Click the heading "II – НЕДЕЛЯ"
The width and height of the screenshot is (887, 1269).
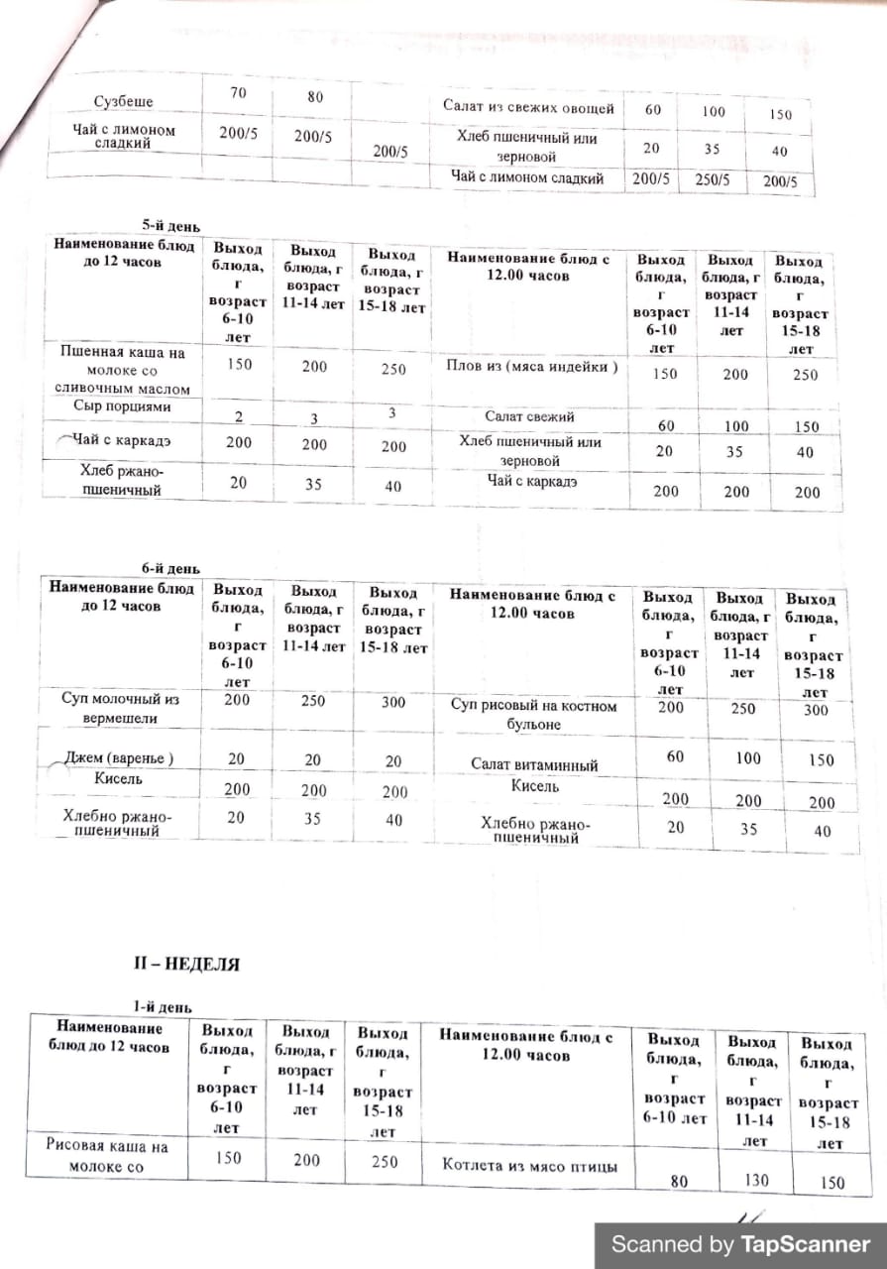[186, 963]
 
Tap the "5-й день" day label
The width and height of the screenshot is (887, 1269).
[170, 226]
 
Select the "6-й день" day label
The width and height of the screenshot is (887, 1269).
[170, 568]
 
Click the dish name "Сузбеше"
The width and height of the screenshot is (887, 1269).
[124, 102]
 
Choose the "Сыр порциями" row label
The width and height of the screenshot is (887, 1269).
[122, 406]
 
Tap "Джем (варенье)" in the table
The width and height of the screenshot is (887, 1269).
[119, 758]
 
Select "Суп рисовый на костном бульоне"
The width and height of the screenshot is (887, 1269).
[533, 715]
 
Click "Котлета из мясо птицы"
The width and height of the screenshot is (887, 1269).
[530, 1166]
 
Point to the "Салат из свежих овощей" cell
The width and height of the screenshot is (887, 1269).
[528, 108]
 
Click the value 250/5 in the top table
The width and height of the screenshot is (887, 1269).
[713, 180]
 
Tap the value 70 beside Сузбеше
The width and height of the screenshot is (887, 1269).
[237, 94]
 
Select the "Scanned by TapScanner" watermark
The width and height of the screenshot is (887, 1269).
[740, 1244]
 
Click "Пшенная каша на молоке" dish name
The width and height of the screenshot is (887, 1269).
[123, 370]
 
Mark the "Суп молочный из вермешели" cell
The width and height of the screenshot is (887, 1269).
[121, 707]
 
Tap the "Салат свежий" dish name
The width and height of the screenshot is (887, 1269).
[529, 417]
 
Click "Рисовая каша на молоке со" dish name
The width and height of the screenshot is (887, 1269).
[107, 1156]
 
